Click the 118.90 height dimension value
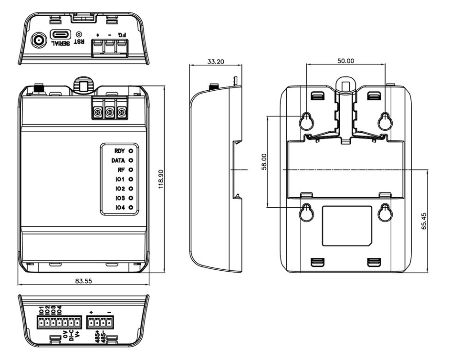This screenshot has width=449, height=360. [161, 179]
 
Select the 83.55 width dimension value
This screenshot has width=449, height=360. [84, 281]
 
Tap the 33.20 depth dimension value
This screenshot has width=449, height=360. [216, 61]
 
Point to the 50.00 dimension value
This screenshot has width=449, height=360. [345, 61]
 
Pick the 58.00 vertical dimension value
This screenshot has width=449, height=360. [264, 162]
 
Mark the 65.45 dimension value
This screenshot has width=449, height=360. [424, 221]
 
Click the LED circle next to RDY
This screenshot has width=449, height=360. [131, 151]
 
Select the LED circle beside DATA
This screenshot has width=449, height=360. [131, 160]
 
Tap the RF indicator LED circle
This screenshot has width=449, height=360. [131, 169]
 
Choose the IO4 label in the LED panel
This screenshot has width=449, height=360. [120, 208]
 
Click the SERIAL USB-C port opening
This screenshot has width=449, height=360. [61, 35]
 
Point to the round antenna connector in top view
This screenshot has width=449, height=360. [39, 41]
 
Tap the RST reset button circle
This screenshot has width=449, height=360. [79, 34]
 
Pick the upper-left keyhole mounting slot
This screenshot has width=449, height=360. [306, 121]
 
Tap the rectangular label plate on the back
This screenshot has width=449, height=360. [347, 226]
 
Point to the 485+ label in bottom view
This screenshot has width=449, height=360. [97, 337]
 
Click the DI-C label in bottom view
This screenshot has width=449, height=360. [72, 335]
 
